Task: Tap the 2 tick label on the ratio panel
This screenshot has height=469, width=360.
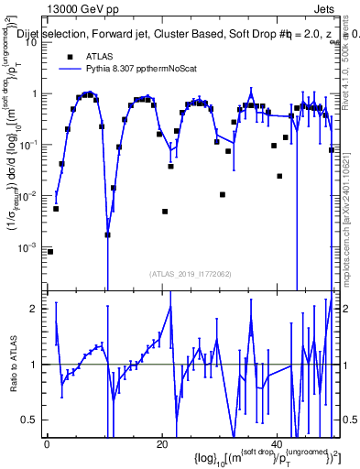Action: click(x=37, y=309)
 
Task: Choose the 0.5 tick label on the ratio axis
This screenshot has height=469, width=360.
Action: click(x=32, y=420)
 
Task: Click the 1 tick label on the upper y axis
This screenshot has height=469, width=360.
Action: click(x=37, y=93)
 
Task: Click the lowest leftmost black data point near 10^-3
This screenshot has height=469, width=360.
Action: click(x=50, y=251)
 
